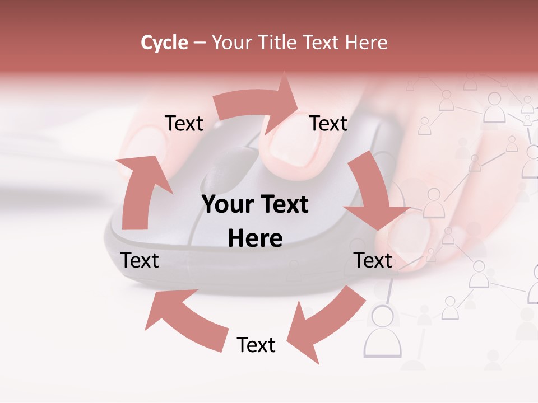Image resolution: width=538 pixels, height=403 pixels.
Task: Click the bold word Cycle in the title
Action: [x=164, y=43]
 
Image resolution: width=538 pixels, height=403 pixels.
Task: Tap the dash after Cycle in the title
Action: [x=200, y=43]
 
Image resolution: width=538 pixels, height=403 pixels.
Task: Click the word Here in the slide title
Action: [x=367, y=43]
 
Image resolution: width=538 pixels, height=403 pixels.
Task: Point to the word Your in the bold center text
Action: [x=225, y=205]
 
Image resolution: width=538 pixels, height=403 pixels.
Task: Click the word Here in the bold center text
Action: [x=255, y=238]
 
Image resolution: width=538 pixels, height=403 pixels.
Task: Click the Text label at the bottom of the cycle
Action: [x=256, y=345]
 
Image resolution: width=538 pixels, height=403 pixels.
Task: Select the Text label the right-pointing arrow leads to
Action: [x=328, y=123]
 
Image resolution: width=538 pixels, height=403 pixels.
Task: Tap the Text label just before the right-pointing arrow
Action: [x=184, y=123]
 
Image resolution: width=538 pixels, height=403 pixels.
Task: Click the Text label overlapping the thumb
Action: [x=373, y=260]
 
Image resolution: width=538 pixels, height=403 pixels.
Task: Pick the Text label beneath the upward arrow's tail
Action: [x=140, y=260]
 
